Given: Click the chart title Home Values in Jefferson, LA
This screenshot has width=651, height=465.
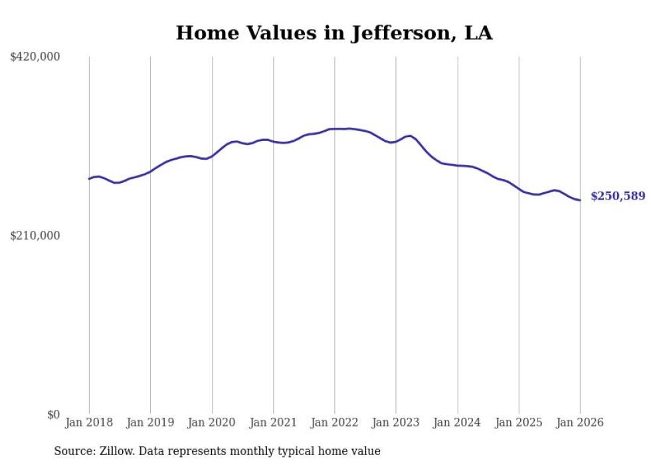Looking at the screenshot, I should [333, 33].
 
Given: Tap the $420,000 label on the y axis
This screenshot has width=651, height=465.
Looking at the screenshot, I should [35, 57].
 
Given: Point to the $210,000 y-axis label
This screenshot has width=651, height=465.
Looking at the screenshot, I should [35, 235].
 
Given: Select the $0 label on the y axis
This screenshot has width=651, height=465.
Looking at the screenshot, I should [53, 414].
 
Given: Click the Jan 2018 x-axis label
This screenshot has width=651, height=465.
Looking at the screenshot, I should [89, 422].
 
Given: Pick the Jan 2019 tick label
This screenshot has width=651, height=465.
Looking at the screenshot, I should [150, 422].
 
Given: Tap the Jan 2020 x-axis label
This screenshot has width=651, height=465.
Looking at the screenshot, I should [212, 422].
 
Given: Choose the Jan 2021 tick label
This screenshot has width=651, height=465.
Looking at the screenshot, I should [273, 422].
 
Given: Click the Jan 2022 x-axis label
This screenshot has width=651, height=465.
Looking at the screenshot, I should [335, 422].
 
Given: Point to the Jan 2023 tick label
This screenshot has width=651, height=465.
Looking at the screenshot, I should [396, 422].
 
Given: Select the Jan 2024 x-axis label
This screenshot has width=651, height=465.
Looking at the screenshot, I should [457, 422].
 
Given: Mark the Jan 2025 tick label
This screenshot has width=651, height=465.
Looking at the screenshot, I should [519, 422].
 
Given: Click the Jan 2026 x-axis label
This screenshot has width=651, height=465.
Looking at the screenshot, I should [580, 422].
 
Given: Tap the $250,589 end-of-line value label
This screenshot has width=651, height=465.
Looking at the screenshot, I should [618, 196].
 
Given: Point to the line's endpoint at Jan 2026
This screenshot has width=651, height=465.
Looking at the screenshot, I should [580, 200].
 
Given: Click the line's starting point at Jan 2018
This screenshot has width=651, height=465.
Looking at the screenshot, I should [89, 178].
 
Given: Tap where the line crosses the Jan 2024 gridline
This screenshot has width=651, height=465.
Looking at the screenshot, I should [457, 166].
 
